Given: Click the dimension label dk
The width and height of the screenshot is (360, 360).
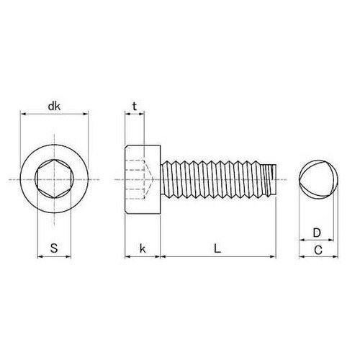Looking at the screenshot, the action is coord(54,106).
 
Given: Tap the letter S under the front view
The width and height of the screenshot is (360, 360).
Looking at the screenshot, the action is coord(54,248).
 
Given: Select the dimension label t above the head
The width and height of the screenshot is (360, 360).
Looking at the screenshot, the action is coord(135,106).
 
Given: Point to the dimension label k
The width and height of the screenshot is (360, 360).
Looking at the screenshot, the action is coord(143,248).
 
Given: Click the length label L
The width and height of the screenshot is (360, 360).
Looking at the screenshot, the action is coord(217,248).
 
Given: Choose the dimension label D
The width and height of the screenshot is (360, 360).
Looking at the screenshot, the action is coord(317,233).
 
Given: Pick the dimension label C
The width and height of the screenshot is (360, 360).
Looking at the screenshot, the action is coord(318,250).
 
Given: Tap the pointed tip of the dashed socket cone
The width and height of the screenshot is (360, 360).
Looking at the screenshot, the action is coord(153,179).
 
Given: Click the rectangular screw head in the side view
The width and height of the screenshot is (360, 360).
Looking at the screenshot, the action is coord(143,179).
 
